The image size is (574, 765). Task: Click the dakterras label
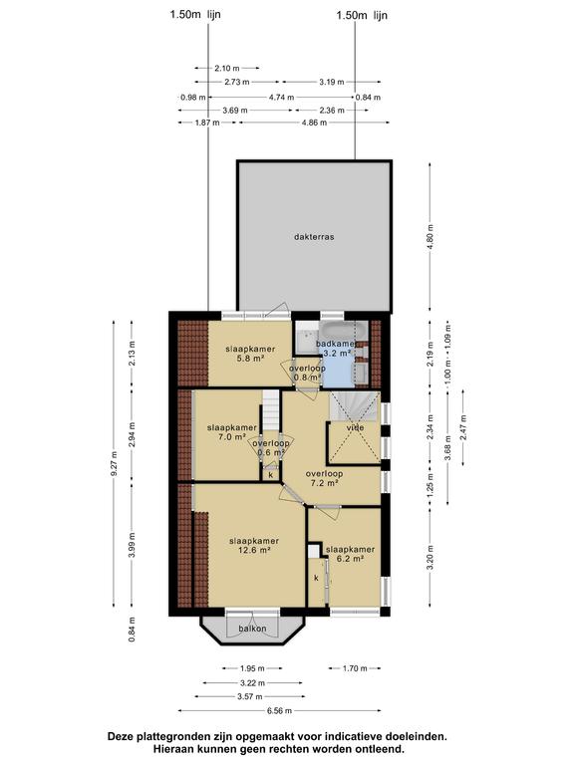314,237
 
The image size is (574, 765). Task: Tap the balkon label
252,629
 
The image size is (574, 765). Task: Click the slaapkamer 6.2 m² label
350,554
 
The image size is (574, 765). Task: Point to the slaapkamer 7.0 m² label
232,432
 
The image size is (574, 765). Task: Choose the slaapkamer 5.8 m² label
250,354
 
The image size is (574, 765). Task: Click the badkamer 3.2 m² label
335,349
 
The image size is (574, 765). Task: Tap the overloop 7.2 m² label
324,478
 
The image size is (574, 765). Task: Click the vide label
356,428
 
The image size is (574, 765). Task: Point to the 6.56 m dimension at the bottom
279,711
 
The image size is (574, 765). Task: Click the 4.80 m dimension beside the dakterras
430,236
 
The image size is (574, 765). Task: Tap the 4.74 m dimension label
281,97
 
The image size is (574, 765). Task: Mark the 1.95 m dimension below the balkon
252,668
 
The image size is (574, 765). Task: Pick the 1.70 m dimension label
355,668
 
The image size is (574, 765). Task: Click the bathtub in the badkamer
344,331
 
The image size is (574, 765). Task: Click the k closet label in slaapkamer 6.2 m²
316,578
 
